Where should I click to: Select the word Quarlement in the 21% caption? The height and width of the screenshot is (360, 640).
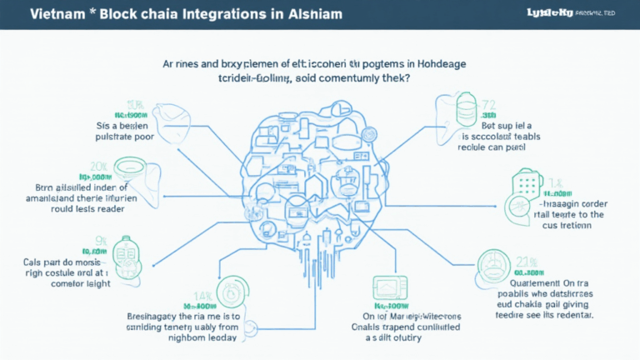[x=524, y=282]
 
